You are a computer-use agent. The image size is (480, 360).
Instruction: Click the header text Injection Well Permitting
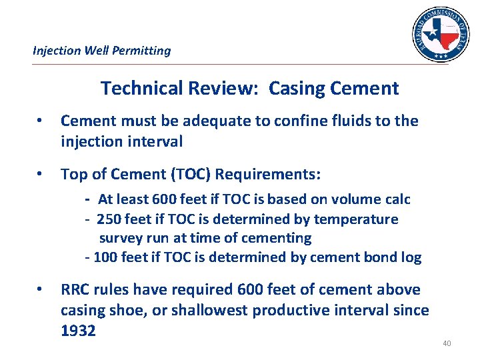click(x=102, y=51)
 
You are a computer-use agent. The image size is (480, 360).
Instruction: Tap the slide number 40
click(x=447, y=343)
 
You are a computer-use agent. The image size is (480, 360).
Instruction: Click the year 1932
click(x=79, y=331)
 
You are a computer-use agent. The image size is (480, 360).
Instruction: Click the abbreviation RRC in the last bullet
click(x=75, y=290)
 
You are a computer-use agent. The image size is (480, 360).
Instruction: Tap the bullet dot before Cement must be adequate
click(x=41, y=122)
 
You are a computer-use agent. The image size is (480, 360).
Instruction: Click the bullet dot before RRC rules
click(x=41, y=291)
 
